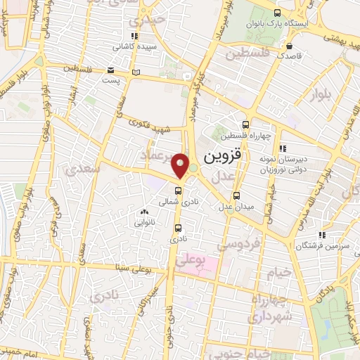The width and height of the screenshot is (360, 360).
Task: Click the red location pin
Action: coord(181,165)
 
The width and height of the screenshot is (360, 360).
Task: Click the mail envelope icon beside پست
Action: coord(111,70)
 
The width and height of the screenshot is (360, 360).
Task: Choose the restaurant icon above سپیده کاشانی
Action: coord(134,37)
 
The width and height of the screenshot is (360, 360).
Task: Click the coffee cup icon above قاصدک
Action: coord(289,42)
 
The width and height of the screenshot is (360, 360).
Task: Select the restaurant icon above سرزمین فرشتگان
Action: coord(321,235)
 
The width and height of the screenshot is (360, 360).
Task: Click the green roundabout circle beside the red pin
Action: coord(193,168)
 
